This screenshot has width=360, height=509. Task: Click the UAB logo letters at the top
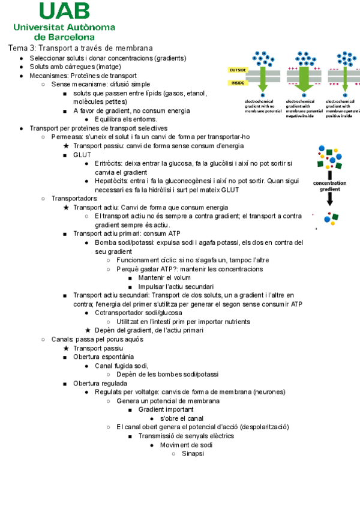point(65,11)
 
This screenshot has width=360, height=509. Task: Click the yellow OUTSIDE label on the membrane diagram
point(238,70)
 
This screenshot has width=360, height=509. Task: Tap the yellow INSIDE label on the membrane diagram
point(238,83)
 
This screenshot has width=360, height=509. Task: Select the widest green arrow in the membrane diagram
point(304,77)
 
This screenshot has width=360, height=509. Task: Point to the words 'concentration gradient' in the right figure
point(330,185)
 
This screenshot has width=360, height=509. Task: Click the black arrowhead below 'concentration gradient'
point(330,202)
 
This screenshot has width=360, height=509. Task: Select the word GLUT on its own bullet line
point(82,155)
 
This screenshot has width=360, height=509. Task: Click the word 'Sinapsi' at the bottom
point(193,453)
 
